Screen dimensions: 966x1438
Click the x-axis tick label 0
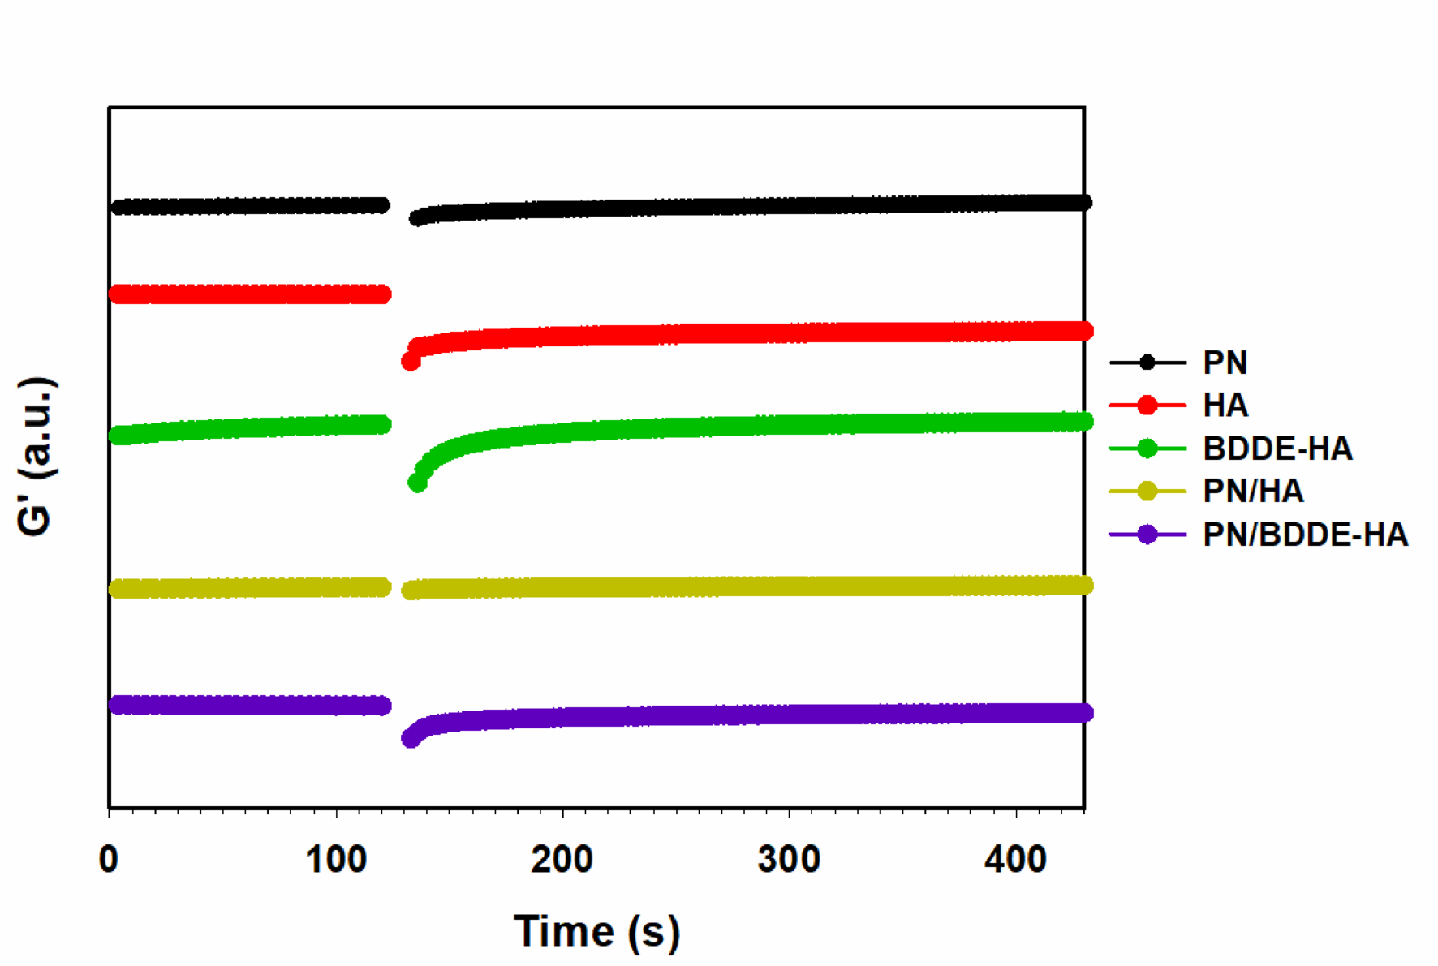tap(109, 860)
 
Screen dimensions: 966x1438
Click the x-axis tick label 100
tap(335, 860)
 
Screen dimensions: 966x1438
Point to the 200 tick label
tap(562, 860)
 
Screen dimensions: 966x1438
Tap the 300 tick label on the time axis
tap(788, 860)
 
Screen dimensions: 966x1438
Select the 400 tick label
tap(1015, 860)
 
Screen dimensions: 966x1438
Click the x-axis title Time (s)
tap(597, 931)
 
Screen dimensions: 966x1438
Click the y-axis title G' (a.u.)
tap(36, 456)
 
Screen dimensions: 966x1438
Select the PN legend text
tap(1225, 363)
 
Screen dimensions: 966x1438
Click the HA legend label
tap(1225, 406)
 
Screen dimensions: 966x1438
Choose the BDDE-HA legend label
tap(1277, 449)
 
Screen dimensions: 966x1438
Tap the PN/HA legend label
tap(1253, 492)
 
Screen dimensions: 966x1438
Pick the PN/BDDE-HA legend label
tap(1305, 535)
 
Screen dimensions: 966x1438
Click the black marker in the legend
tap(1147, 363)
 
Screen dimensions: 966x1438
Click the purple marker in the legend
tap(1147, 535)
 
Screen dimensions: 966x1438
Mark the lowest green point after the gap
tap(417, 483)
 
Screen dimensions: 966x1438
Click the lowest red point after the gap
tap(411, 362)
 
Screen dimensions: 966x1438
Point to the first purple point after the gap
tap(411, 738)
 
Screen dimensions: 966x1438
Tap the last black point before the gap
tap(381, 205)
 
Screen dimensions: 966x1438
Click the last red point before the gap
tap(382, 294)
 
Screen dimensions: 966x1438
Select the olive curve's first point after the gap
tap(411, 590)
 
